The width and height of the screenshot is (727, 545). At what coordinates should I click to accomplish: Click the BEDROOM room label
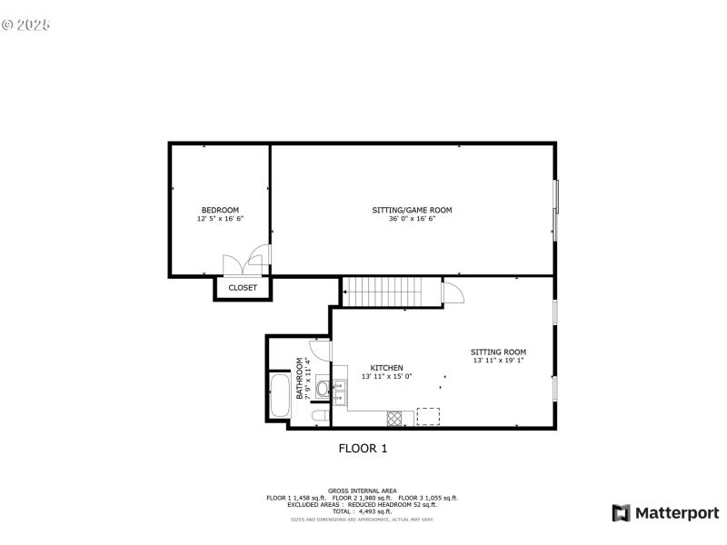tap(220, 210)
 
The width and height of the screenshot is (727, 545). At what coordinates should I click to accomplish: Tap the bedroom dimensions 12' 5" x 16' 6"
tap(220, 219)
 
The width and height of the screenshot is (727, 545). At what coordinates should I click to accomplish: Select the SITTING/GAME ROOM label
tap(412, 210)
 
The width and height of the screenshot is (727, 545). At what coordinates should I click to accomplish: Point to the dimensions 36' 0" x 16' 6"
tap(412, 219)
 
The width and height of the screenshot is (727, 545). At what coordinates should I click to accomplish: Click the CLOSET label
tap(243, 288)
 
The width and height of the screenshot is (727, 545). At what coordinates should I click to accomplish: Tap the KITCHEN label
tap(386, 368)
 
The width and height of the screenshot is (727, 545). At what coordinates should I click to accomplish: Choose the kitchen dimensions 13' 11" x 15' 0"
tap(386, 376)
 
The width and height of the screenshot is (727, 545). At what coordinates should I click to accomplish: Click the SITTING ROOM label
tap(498, 352)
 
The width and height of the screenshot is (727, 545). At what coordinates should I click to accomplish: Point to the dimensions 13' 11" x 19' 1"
tap(498, 361)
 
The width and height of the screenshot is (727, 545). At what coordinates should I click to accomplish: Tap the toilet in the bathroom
tap(320, 417)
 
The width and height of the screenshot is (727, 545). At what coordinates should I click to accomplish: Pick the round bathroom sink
tap(324, 389)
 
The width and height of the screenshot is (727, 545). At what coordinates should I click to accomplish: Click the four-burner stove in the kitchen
tap(395, 418)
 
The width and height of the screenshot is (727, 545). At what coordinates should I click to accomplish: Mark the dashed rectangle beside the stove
tap(428, 416)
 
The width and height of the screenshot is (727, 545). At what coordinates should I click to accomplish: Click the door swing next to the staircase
tap(452, 292)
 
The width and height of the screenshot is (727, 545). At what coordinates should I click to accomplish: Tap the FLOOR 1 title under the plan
tap(363, 448)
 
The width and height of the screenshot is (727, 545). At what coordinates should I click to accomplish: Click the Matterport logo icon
tap(622, 513)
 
